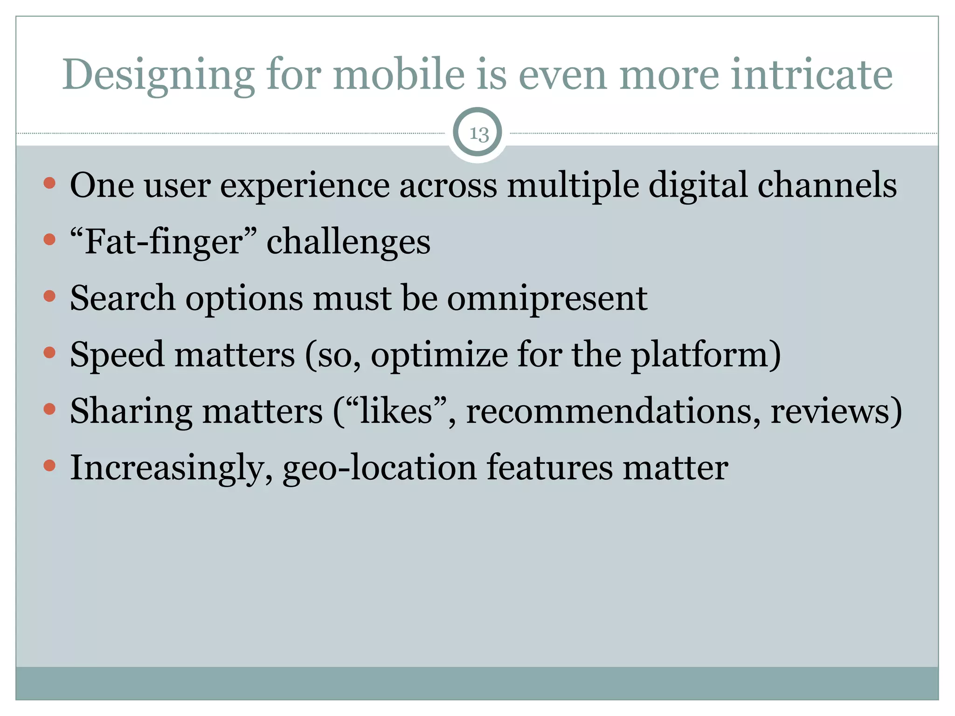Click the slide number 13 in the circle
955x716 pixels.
click(478, 134)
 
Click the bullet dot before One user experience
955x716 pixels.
click(49, 183)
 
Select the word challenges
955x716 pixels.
click(348, 242)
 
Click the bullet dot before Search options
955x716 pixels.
click(49, 296)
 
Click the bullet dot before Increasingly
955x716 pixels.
click(49, 465)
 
